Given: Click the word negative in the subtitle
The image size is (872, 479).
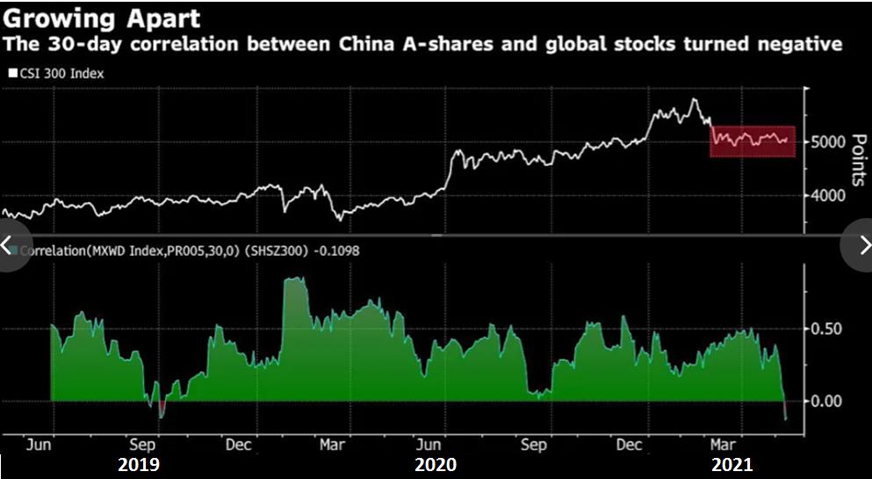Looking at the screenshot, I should point(795,43).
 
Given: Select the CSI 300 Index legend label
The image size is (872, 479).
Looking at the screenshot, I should point(61,74).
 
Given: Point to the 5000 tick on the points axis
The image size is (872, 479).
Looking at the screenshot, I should point(827,142).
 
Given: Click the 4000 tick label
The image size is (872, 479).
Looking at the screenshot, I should point(827,196).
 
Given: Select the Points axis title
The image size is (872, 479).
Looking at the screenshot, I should point(859,159).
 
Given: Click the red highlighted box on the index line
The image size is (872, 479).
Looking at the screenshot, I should point(752,141).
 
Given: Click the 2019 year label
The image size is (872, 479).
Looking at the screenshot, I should point(139,463).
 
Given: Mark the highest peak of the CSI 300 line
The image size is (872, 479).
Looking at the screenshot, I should point(695,99).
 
